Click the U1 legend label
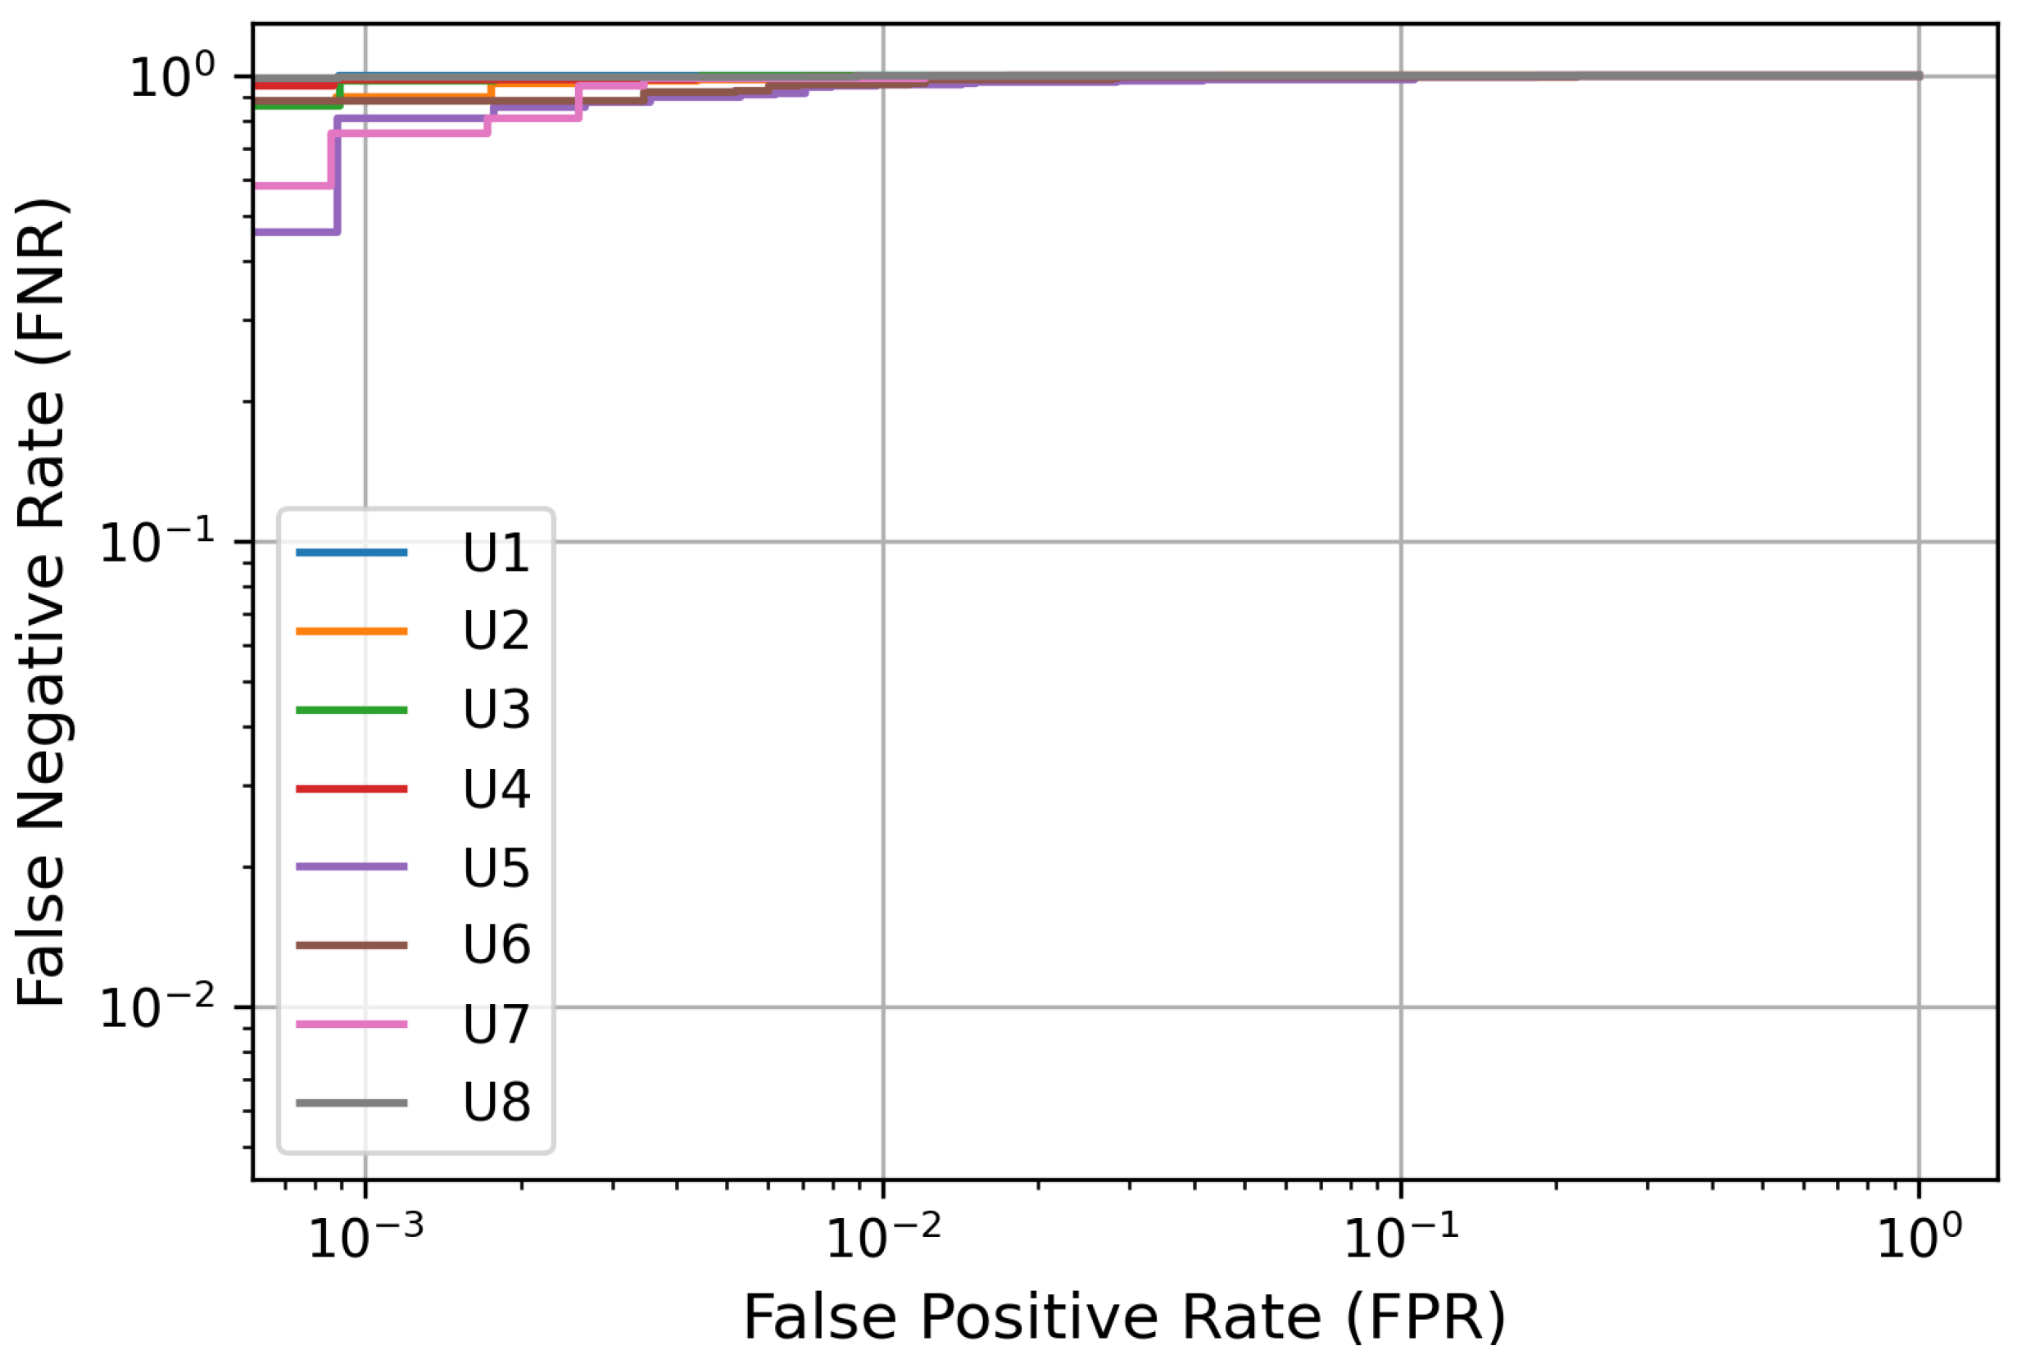(496, 553)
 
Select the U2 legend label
(496, 631)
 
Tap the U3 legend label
(496, 710)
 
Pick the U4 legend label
(496, 789)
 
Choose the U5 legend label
(496, 867)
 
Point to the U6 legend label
(496, 945)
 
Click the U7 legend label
(496, 1025)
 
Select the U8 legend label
(496, 1103)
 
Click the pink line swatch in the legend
(351, 1025)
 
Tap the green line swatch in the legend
(351, 710)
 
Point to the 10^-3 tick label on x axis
(365, 1236)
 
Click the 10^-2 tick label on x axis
(882, 1236)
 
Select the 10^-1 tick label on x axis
(1401, 1236)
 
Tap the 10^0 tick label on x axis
(1918, 1236)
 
